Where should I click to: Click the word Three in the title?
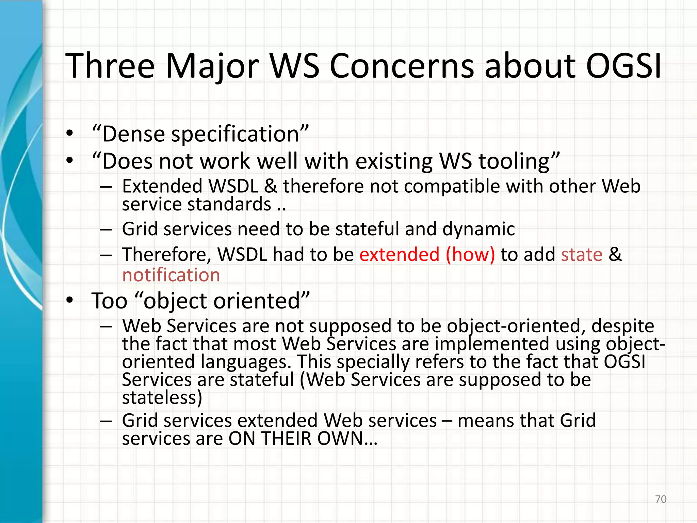coord(110,66)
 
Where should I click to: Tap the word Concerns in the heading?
coord(402,66)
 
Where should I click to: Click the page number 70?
coord(661,499)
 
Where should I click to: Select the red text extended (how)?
coord(427,255)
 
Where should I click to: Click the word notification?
coord(171,275)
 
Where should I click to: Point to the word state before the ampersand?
coord(582,255)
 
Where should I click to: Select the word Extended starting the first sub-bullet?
coord(162,186)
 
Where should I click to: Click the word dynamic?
coord(479,229)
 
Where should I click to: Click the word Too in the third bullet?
coord(109,301)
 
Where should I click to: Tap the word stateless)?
coord(162,397)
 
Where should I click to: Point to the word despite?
coord(622,326)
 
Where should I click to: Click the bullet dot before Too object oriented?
coord(70,300)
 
